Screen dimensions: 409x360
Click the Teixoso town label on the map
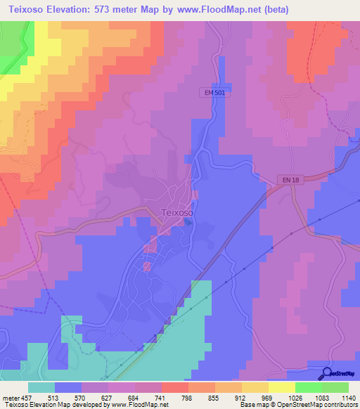point(177,212)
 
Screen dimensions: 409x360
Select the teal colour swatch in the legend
point(41,387)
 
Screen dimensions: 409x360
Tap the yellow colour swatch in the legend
point(281,387)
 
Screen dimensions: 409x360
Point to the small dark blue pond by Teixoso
point(188,223)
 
